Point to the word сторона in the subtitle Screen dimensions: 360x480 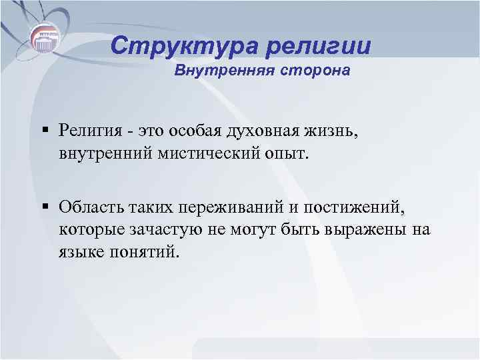315,71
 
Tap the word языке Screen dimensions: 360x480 78,251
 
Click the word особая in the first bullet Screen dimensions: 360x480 193,128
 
